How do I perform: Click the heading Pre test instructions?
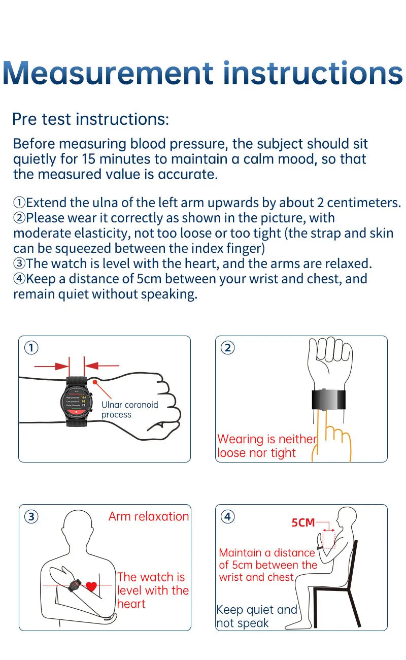tap(90, 119)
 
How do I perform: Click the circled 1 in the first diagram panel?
tap(31, 348)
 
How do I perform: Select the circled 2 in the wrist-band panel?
tap(228, 348)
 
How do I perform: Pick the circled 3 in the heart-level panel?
tap(31, 516)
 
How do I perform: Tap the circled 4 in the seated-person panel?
tap(228, 516)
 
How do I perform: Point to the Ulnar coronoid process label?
tap(129, 409)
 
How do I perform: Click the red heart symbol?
tap(91, 586)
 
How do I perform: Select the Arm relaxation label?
tap(148, 516)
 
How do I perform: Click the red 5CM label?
tap(303, 522)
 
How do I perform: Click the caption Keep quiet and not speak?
tap(256, 616)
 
